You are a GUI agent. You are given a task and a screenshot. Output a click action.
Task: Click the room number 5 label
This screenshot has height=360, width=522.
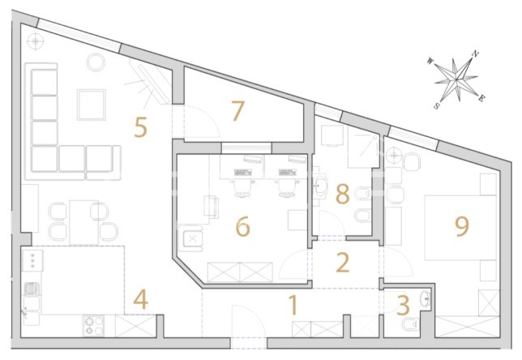click(x=140, y=127)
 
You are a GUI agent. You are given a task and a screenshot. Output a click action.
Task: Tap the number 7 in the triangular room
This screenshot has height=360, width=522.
click(x=237, y=110)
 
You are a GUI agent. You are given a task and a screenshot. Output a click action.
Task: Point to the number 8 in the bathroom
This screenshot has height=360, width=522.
click(x=343, y=194)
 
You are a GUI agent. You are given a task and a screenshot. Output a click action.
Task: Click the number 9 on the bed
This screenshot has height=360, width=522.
click(x=462, y=226)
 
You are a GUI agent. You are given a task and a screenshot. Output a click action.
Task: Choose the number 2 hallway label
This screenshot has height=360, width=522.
click(x=343, y=263)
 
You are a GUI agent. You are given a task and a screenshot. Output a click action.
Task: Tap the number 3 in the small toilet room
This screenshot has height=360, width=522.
click(x=403, y=306)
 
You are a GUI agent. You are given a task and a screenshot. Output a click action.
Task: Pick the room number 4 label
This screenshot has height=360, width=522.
click(x=140, y=300)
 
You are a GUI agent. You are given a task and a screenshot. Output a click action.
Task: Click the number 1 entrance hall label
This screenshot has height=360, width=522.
click(x=293, y=306)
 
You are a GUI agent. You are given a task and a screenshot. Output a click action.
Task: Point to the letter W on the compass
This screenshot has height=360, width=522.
click(x=430, y=61)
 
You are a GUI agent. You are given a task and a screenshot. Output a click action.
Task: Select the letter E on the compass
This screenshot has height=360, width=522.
click(x=481, y=98)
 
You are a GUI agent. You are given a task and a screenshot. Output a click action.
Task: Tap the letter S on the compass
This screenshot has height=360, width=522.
click(x=436, y=106)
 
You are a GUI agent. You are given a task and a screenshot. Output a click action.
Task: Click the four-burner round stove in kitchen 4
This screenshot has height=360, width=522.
click(x=93, y=326)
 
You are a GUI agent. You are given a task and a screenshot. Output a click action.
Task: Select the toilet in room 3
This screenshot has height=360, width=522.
click(x=410, y=324)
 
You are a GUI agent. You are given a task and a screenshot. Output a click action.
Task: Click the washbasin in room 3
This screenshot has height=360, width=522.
click(x=425, y=298)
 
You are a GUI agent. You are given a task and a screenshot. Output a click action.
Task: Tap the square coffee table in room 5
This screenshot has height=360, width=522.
click(x=92, y=105)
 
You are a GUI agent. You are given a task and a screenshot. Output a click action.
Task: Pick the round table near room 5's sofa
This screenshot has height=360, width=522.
click(x=96, y=62)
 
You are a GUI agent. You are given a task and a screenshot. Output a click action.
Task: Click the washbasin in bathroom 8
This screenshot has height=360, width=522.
click(x=321, y=184)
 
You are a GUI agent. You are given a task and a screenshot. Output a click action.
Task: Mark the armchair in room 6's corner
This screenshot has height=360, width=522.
click(x=190, y=238)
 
